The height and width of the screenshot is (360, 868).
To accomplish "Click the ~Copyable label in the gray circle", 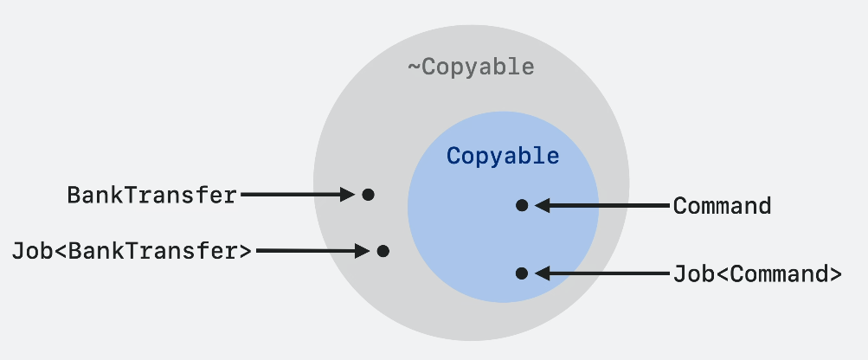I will [471, 67].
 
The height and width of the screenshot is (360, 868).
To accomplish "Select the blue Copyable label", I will [503, 157].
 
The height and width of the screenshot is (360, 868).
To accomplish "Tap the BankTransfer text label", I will [151, 196].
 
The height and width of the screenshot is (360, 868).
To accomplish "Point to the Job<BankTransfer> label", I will [132, 251].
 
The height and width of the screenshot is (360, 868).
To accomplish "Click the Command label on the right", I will [722, 206].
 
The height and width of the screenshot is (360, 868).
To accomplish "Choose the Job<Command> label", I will [757, 273].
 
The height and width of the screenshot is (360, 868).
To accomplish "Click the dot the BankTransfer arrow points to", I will [368, 195].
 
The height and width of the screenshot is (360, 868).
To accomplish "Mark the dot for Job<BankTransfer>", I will [383, 251].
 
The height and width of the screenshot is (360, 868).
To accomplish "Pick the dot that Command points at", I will [521, 205].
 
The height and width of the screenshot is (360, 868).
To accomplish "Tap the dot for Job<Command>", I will [521, 273].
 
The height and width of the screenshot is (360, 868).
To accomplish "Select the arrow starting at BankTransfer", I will [294, 195].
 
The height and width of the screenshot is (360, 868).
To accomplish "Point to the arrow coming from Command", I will [606, 206].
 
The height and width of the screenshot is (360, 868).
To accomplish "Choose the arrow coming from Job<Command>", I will [606, 273].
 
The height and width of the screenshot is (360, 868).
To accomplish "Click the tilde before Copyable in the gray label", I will [414, 67].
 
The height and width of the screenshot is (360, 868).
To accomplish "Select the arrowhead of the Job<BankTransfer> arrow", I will [363, 251].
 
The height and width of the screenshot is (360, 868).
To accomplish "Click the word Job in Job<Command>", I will [690, 273].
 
